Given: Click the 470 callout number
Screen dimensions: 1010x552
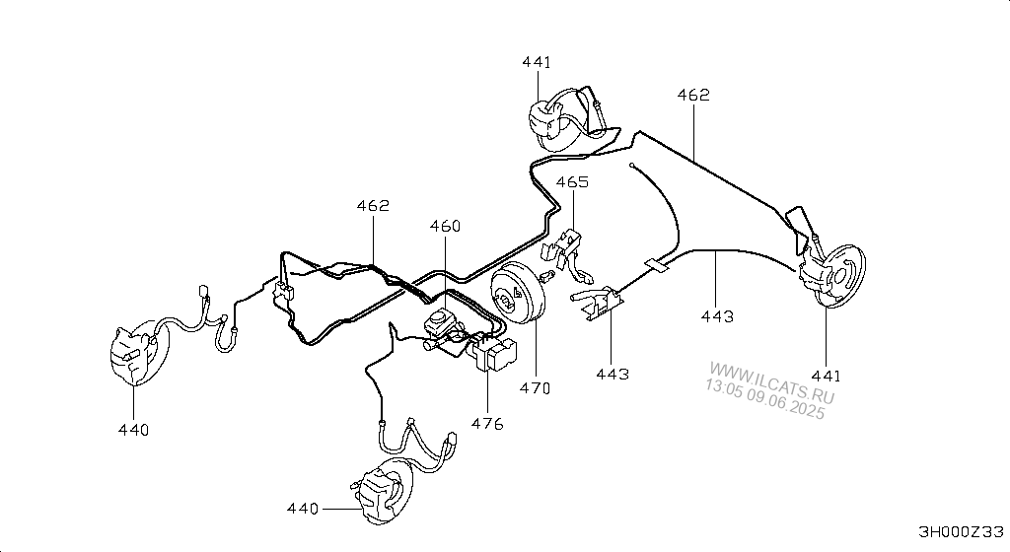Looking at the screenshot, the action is pos(536,388).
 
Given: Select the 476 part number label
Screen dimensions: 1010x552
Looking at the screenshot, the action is pos(487,424).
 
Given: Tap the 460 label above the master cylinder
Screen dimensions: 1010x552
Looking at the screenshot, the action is pos(445,226).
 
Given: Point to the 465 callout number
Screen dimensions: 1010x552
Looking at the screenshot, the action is pos(573,182).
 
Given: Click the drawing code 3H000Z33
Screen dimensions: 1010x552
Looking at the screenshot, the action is pos(961,532).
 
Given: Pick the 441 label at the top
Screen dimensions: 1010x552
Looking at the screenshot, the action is pos(537,62).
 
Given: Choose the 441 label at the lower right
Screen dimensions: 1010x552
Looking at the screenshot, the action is pos(826,376).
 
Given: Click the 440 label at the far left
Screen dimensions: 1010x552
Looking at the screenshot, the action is pos(133,430).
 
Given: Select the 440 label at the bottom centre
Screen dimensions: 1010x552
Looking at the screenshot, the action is pos(303,509).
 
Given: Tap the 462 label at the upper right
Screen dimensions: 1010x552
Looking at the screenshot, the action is pos(693,96).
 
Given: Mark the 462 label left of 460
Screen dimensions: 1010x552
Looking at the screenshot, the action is pos(373,206).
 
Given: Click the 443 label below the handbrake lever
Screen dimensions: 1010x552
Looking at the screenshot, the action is pos(612,374).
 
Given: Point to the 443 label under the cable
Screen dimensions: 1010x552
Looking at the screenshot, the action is pos(717,316).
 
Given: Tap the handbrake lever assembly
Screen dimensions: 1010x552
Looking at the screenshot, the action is pos(596,303).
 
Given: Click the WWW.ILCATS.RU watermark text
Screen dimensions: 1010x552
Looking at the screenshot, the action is pos(771,382).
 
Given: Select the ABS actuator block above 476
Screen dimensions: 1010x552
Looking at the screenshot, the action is pos(497,355).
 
